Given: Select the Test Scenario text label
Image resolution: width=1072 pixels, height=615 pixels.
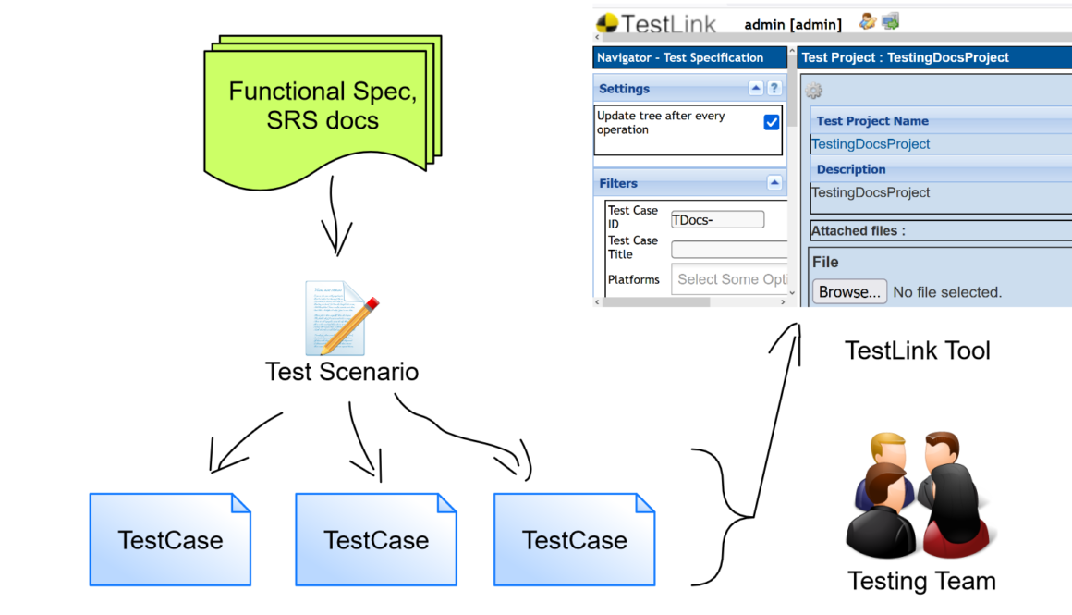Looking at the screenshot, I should click(342, 372).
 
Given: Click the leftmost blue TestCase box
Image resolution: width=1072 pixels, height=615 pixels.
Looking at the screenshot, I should click(170, 539).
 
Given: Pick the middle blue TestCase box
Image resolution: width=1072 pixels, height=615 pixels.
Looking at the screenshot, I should click(376, 539).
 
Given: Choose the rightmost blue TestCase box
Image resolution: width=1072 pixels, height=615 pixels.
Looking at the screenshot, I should click(574, 539).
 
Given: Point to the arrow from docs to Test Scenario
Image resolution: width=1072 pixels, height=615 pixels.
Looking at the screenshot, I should click(336, 223).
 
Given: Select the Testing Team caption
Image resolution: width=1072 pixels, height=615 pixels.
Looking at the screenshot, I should click(921, 582).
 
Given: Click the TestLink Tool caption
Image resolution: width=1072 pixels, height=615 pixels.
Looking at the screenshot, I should click(918, 351).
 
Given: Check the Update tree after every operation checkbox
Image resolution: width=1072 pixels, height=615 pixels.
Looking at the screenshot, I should click(772, 122).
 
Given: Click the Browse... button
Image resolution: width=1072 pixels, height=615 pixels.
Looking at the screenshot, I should click(849, 291).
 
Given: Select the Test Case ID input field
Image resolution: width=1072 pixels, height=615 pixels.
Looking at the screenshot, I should click(718, 219).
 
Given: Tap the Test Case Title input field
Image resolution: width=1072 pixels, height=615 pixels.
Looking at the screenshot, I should click(729, 249).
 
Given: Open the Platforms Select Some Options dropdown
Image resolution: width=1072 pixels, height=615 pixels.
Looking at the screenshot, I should click(730, 279).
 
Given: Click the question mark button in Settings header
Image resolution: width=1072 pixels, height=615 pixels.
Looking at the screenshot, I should click(774, 88).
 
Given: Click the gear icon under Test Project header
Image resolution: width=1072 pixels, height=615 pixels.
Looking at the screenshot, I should click(813, 91).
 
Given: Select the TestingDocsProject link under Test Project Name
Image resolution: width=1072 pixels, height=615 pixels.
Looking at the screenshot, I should click(871, 144).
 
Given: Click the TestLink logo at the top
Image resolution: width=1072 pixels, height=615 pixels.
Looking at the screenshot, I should click(656, 23).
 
